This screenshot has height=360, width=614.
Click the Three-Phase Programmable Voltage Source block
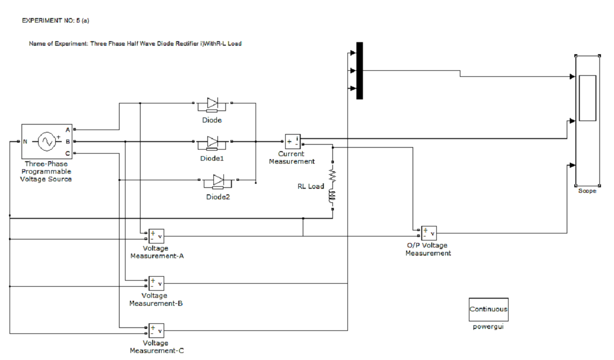pos(47,142)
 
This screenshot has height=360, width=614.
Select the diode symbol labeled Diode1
pos(212,143)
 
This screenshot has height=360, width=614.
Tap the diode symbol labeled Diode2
pos(218,182)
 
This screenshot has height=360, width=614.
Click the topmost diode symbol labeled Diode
pos(212,105)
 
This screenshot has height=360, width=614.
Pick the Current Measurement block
pos(293,142)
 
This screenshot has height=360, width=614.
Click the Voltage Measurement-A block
pos(156,236)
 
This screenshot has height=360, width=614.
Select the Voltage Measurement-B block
pos(156,283)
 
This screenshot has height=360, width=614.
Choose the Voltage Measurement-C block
pos(156,331)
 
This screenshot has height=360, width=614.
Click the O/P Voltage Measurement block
pos(429,233)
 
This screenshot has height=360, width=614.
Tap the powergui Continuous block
pos(488,310)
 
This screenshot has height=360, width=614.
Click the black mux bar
pos(359,70)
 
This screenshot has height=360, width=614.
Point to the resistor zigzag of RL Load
pos(332,175)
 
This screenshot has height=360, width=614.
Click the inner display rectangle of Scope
pos(587,98)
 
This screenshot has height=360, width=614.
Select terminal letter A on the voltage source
pos(68,130)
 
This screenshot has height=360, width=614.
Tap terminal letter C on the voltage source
pos(68,153)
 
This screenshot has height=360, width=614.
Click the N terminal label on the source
pos(25,142)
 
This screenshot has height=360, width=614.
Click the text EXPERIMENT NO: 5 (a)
pos(56,21)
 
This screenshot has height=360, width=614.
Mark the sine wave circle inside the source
pos(47,142)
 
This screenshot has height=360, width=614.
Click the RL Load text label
pos(311,186)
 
